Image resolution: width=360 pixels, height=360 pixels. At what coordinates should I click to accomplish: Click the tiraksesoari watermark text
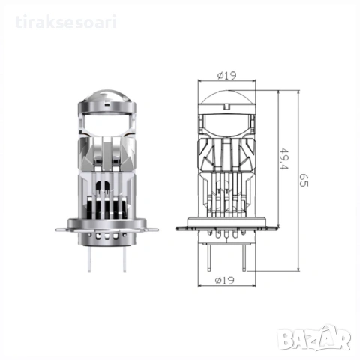(x=66, y=22)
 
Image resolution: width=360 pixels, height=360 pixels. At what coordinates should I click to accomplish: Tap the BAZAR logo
(x=315, y=337)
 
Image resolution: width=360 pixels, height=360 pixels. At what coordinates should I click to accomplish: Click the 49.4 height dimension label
(x=284, y=159)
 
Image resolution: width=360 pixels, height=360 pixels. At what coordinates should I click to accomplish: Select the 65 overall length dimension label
(x=304, y=180)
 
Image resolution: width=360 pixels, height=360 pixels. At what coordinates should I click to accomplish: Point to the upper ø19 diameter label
(x=226, y=75)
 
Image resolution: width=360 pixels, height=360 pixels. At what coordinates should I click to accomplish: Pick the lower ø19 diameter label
(x=225, y=280)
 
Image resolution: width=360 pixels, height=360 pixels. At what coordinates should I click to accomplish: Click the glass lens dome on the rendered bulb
(x=107, y=95)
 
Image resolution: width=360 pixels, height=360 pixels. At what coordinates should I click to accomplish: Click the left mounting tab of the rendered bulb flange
(x=62, y=229)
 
